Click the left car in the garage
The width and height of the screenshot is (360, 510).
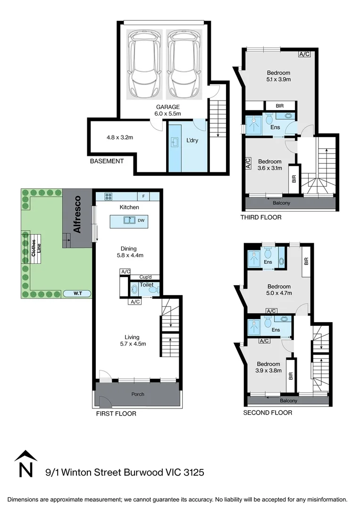pyautogui.click(x=144, y=64)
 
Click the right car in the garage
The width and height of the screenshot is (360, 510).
pyautogui.click(x=184, y=64)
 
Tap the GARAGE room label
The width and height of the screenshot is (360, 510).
pyautogui.click(x=167, y=107)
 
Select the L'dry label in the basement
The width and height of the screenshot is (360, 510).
pyautogui.click(x=192, y=141)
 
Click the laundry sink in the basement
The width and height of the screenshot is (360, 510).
pyautogui.click(x=175, y=142)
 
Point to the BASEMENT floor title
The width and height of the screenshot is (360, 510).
pyautogui.click(x=107, y=161)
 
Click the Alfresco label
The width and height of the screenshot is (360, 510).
pyautogui.click(x=77, y=214)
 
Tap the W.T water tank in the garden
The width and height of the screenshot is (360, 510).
pyautogui.click(x=77, y=293)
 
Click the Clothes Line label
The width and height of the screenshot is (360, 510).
pyautogui.click(x=36, y=248)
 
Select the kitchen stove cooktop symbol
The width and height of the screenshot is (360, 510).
pyautogui.click(x=109, y=196)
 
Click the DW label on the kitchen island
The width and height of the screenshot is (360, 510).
pyautogui.click(x=141, y=220)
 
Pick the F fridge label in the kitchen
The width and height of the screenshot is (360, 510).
pyautogui.click(x=143, y=196)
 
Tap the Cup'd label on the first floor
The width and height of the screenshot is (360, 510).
pyautogui.click(x=145, y=277)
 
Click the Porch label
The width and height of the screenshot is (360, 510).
pyautogui.click(x=138, y=394)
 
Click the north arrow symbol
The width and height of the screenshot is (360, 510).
pyautogui.click(x=25, y=464)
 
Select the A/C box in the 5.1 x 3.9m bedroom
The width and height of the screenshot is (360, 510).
pyautogui.click(x=304, y=54)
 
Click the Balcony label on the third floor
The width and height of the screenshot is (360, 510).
pyautogui.click(x=281, y=203)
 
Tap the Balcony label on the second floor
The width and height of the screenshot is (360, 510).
pyautogui.click(x=289, y=401)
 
